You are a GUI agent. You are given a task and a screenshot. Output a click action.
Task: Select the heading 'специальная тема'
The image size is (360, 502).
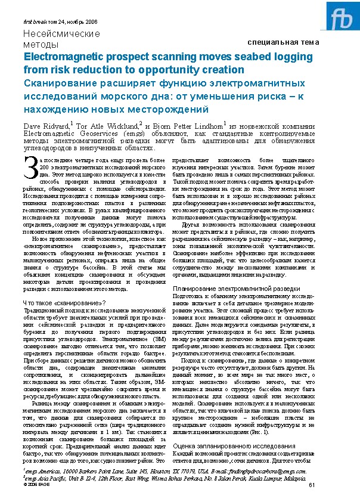pyautogui.click(x=283, y=42)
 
